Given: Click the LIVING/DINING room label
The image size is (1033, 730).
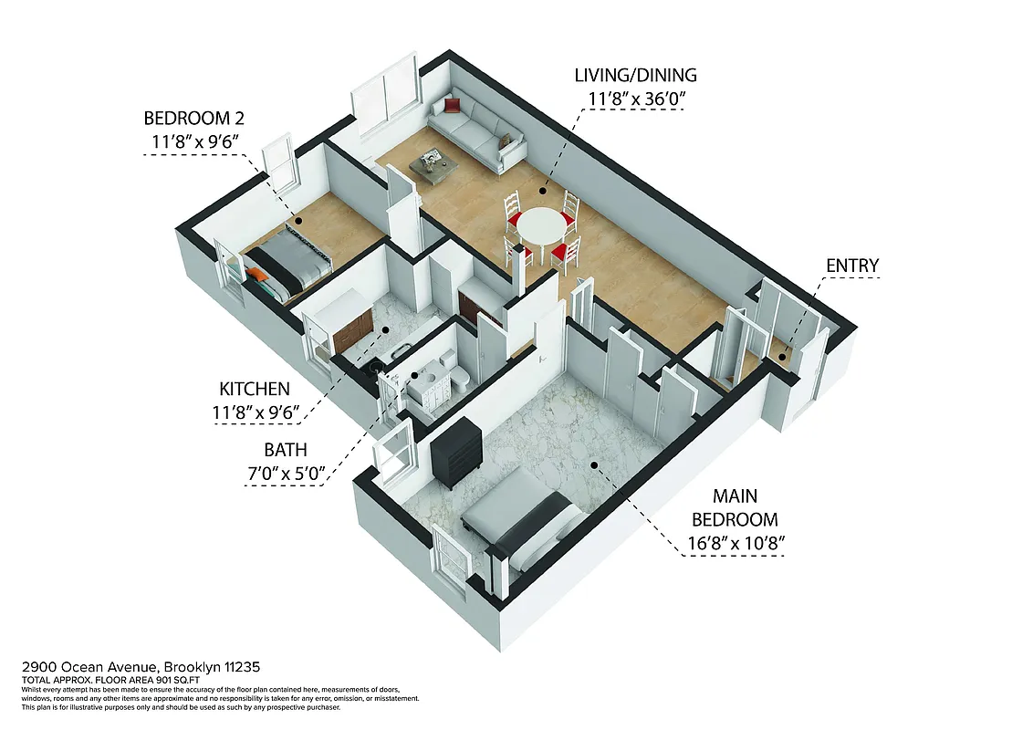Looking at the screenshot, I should (x=636, y=75).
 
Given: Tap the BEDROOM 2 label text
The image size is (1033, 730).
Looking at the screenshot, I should (x=193, y=119).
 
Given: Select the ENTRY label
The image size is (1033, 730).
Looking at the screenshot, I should (x=851, y=266).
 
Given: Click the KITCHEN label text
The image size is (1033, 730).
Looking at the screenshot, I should (x=254, y=389).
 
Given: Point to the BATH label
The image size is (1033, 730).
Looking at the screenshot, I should (x=286, y=449).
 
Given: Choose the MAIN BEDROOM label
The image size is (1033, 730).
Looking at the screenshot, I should (x=735, y=508).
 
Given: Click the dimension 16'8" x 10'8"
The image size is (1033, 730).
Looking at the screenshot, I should (x=736, y=545).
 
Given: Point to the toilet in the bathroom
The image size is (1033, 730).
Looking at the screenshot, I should (x=462, y=376).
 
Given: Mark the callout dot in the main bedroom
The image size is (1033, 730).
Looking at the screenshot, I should (x=593, y=464).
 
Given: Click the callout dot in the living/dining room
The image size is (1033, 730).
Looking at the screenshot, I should (x=542, y=192).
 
